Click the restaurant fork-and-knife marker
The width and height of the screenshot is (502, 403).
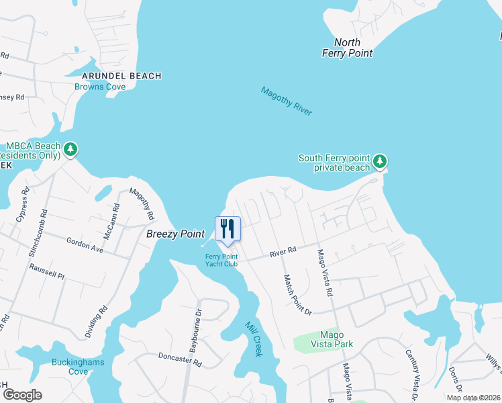point(228,229)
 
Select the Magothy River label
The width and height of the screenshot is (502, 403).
point(287,101)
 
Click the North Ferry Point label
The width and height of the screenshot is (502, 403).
point(347,48)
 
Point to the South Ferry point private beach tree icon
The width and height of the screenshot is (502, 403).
point(381,161)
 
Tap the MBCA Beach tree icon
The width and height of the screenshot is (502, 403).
point(70,149)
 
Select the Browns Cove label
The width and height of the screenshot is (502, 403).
point(100,87)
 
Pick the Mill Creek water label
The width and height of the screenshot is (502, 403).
point(253,337)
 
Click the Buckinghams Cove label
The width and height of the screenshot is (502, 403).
point(70,367)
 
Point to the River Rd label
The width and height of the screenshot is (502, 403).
point(283,252)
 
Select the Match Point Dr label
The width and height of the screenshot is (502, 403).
point(298,295)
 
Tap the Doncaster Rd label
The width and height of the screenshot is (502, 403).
point(180,360)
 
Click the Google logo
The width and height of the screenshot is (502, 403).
point(22,395)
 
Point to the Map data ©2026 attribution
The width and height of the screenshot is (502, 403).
point(473,398)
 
